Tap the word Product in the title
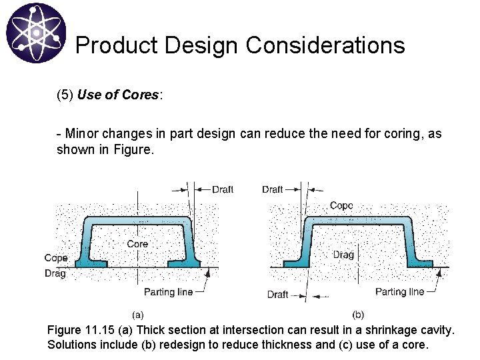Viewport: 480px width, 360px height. [117, 45]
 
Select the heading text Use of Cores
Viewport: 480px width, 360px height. [118, 95]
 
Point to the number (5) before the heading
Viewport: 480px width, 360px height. [65, 95]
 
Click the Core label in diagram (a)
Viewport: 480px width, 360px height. [137, 244]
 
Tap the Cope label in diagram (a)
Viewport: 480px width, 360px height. [56, 258]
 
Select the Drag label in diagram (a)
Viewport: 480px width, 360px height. [55, 273]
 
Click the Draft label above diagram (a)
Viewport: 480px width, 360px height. [223, 189]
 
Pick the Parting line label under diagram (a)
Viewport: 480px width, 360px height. [168, 291]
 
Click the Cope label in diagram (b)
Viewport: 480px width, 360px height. [341, 205]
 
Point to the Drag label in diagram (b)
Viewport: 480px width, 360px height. [343, 255]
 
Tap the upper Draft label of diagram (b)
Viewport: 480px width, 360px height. [273, 189]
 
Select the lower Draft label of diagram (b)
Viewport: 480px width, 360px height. [278, 294]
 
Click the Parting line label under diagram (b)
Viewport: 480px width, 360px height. [399, 291]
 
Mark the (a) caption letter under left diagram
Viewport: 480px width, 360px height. [138, 314]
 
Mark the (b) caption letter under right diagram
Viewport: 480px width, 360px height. [358, 314]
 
